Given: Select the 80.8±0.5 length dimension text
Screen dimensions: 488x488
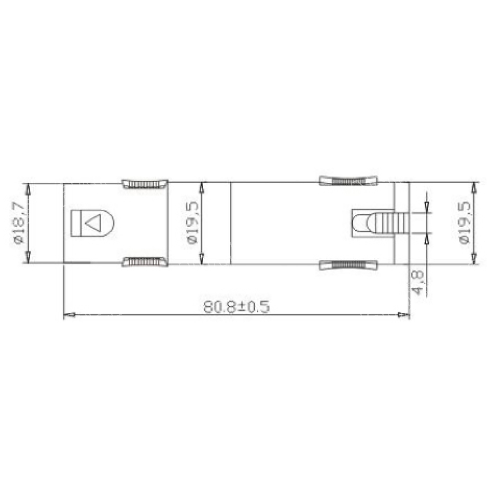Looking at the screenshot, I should (237, 306).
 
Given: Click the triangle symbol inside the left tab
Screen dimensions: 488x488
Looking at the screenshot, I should (93, 224).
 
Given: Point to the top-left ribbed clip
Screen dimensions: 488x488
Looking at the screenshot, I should (145, 184).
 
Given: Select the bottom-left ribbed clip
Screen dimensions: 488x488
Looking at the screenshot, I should (145, 262).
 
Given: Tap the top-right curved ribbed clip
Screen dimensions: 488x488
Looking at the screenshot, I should (348, 181).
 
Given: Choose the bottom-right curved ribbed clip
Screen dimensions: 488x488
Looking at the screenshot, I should (348, 265).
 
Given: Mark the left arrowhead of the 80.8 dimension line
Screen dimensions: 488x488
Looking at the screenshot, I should (69, 315).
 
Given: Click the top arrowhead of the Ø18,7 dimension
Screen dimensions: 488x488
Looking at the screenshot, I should (28, 188).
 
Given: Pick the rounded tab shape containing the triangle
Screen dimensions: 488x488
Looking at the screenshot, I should (93, 223).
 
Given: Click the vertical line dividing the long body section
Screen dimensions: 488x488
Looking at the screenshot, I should (230, 223).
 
